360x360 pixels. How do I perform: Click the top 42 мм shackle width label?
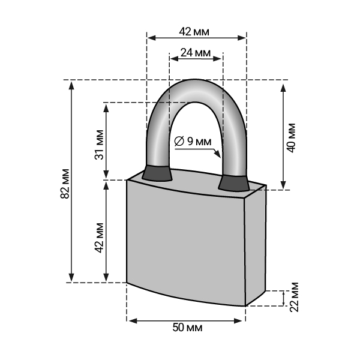click(194, 32)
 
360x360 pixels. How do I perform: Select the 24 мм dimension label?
click(196, 53)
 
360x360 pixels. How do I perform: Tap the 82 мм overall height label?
click(65, 184)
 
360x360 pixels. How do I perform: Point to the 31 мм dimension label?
click(99, 145)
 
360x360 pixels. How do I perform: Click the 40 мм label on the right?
click(292, 138)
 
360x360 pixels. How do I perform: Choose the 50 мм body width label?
click(188, 327)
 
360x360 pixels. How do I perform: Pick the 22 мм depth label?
click(294, 297)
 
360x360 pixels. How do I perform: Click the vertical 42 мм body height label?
click(99, 238)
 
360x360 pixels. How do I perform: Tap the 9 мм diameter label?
click(199, 142)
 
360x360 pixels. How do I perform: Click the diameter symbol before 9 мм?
click(179, 141)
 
